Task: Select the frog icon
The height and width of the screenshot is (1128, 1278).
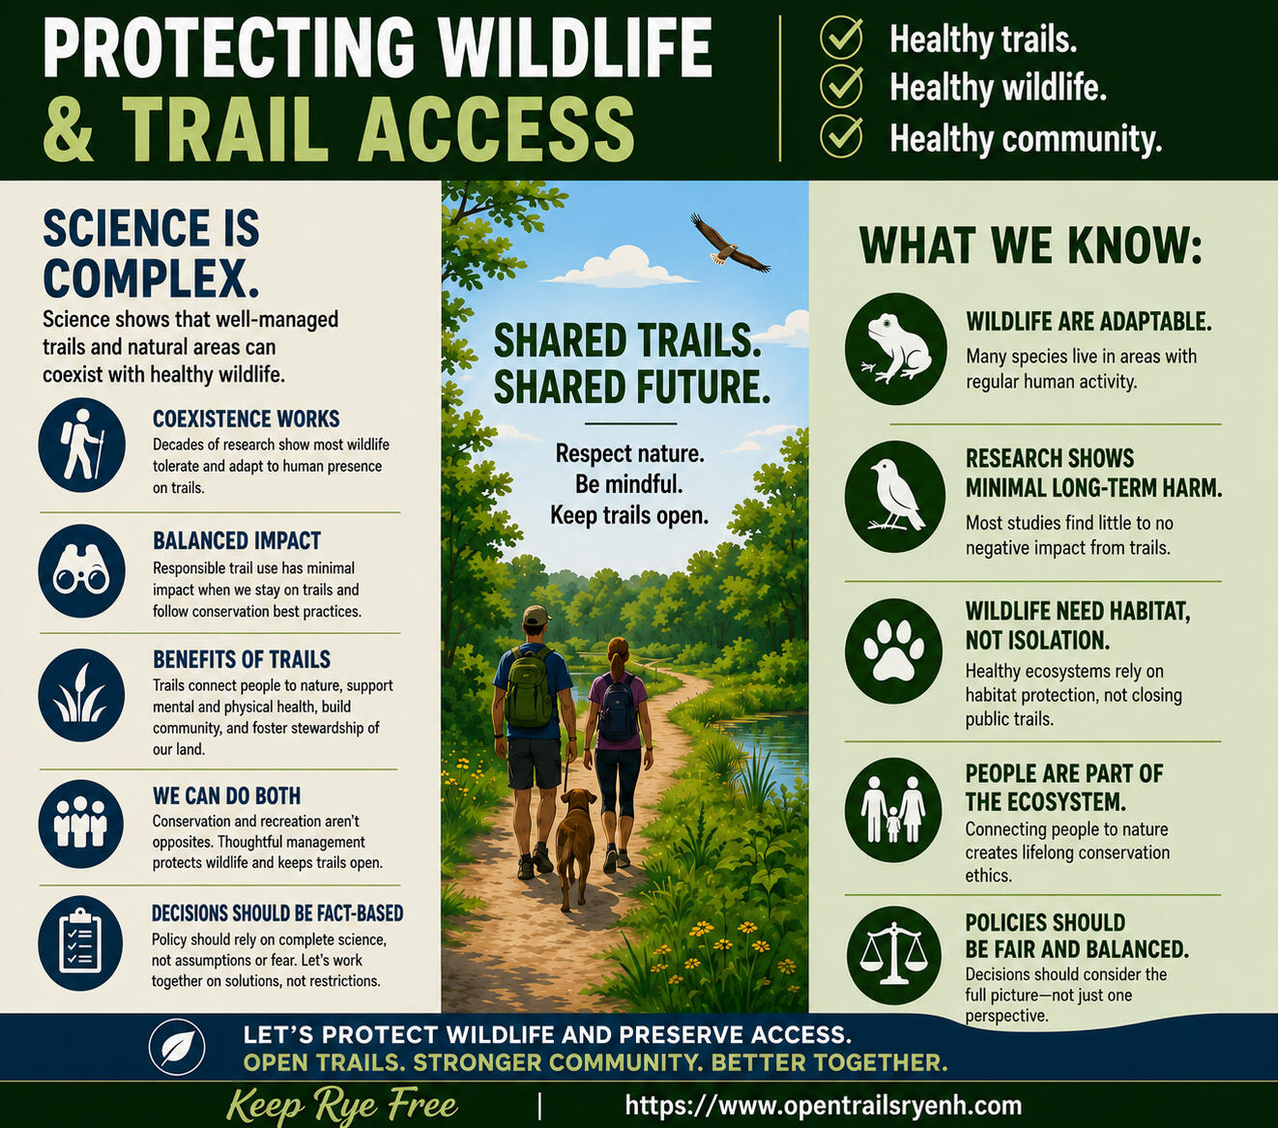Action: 896,348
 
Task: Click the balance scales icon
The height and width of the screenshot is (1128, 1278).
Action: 894,955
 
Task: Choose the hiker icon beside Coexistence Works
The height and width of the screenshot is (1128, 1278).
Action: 82,445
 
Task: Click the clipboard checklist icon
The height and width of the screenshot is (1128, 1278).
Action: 81,943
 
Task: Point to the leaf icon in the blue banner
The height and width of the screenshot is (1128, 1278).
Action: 177,1048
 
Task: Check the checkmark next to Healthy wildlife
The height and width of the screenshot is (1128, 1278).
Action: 841,86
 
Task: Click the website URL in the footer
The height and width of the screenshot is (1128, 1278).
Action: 824,1105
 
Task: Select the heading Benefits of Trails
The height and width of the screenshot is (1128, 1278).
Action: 242,659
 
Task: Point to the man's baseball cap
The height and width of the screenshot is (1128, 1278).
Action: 537,614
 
